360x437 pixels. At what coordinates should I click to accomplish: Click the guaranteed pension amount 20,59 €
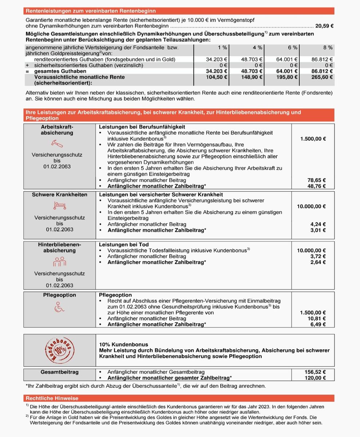coord(325,26)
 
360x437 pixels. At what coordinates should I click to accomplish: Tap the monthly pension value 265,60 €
coord(323,77)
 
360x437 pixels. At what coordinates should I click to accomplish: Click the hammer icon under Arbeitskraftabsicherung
coord(57,142)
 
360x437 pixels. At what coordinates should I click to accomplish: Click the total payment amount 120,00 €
coord(315,378)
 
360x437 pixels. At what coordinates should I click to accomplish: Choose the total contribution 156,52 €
coord(315,372)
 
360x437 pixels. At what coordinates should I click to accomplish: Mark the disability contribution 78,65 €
coord(317,180)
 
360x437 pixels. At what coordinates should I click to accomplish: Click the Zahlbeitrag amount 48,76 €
coord(317,186)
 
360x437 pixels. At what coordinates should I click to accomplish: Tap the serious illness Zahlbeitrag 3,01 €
coord(319,230)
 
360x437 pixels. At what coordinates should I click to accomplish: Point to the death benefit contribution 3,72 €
coord(319,256)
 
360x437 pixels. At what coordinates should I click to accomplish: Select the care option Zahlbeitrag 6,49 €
coord(319,324)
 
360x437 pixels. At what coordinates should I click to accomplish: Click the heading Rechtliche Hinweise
coord(52,398)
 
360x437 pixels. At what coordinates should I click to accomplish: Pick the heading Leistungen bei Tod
coord(124,245)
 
